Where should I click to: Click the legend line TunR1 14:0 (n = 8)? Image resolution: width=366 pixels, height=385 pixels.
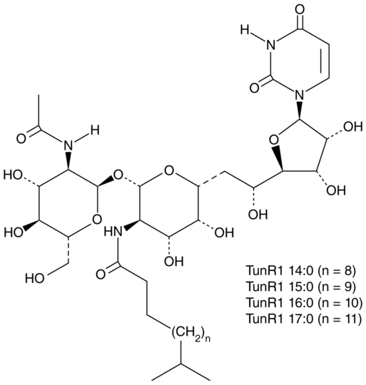coord(300,271)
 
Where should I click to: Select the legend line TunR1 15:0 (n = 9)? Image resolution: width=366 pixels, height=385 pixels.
coord(300,287)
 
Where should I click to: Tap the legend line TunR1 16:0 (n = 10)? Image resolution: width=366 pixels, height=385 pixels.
coord(304,302)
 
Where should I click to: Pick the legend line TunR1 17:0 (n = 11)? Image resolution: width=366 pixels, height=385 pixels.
coord(304,319)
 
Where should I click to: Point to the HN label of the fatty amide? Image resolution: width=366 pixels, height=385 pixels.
coord(113,231)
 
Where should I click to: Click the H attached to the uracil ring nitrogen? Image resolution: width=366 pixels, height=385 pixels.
coord(245,30)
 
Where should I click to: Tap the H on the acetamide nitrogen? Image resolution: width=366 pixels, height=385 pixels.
coord(95,130)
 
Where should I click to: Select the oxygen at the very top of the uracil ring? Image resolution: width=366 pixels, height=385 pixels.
coord(300,10)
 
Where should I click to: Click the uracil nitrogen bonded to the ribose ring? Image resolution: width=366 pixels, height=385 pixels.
coord(300,93)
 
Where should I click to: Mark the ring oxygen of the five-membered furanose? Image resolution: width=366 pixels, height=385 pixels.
coord(273,140)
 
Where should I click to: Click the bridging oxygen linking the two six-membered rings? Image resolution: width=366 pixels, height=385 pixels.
coord(118,175)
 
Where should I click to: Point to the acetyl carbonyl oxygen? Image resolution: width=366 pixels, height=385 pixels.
coord(21,138)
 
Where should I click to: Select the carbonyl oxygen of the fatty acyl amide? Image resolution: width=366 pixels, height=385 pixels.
coord(101,274)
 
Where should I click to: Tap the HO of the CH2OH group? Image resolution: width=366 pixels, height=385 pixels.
coord(35,279)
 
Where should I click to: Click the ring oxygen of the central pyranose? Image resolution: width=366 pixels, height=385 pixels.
coord(169,171)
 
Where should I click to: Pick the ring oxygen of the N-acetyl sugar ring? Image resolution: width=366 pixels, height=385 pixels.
coord(97,219)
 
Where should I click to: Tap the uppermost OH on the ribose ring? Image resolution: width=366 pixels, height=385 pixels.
coord(353,127)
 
